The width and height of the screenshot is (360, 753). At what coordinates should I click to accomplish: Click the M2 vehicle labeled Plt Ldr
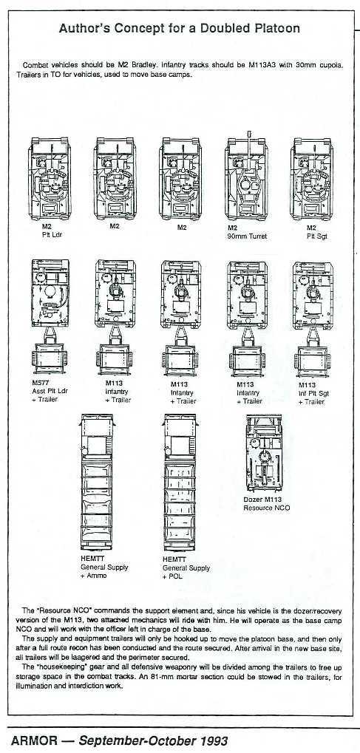50,179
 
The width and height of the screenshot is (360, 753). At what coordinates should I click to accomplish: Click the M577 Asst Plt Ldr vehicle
50,293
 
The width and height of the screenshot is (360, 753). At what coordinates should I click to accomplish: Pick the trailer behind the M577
50,356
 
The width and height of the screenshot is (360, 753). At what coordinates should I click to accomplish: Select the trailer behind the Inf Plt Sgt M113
313,361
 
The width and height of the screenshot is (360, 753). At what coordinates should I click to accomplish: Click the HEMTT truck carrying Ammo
97,482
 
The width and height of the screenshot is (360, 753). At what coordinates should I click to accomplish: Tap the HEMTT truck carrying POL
180,482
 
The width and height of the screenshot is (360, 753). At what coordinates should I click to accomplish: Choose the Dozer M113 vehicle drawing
265,453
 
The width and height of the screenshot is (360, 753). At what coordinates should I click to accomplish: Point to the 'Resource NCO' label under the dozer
267,508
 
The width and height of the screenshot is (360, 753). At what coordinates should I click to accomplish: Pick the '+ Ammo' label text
94,576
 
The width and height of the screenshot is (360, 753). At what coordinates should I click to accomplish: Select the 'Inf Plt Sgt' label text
313,393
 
